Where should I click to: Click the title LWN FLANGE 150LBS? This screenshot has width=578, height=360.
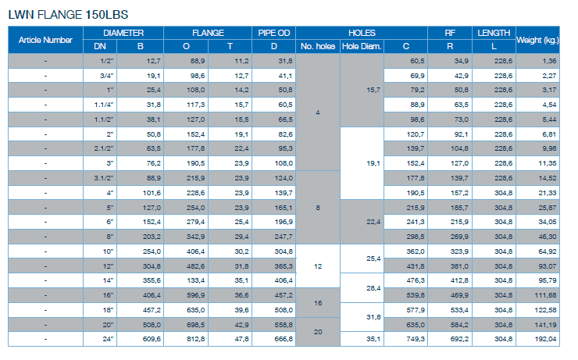[68, 15]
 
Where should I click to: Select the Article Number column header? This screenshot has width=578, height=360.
[45, 40]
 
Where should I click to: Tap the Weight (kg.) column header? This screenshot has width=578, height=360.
[538, 40]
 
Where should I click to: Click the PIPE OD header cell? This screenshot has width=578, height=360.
[274, 33]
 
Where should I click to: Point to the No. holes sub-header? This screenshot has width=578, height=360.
[318, 46]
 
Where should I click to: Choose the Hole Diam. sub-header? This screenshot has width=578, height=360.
[362, 46]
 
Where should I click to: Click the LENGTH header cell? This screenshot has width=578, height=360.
[494, 33]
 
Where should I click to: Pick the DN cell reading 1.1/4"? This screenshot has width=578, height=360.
[104, 105]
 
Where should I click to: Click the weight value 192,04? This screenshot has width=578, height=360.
[545, 339]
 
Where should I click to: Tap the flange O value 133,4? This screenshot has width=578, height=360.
[196, 280]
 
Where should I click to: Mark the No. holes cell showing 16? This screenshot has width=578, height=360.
[318, 303]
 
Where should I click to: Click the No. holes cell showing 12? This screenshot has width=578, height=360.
[318, 266]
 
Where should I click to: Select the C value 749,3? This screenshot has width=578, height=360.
[416, 339]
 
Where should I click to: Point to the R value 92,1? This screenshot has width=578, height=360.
[461, 134]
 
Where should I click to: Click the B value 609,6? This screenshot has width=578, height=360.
[152, 339]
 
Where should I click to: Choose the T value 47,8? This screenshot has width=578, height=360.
[242, 339]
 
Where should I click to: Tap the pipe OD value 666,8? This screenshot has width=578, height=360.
[284, 339]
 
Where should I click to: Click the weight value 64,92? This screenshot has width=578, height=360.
[548, 251]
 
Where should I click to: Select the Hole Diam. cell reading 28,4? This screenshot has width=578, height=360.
[373, 288]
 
